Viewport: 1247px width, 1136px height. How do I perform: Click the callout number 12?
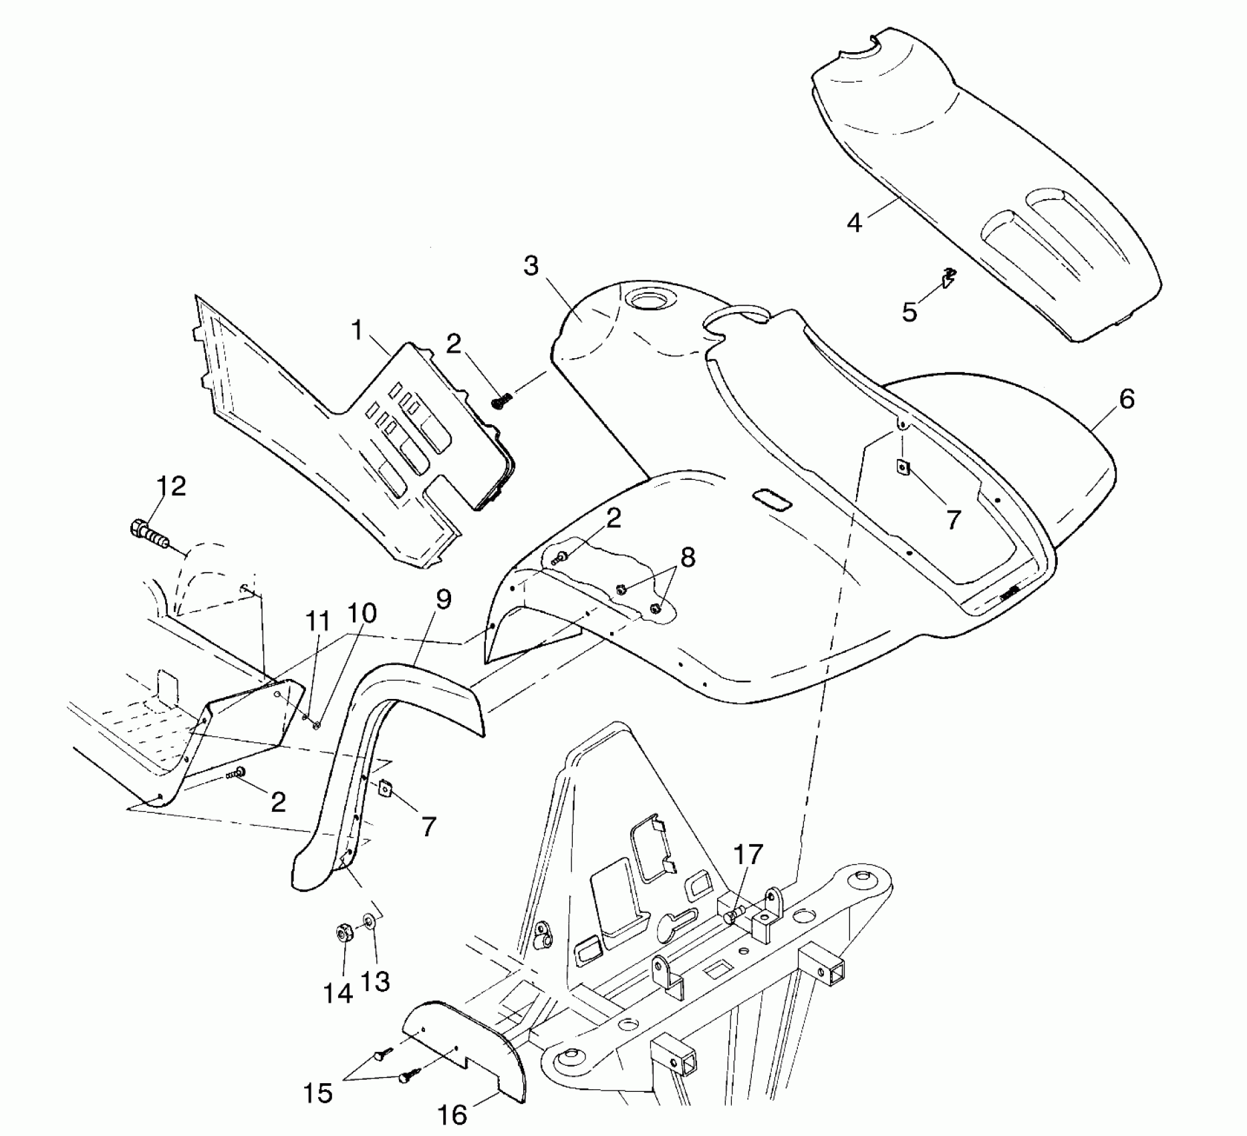(x=171, y=486)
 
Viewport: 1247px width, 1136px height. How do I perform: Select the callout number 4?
(x=855, y=223)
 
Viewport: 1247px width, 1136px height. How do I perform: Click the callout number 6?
(x=1127, y=399)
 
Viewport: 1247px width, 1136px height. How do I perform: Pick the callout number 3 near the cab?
(x=531, y=266)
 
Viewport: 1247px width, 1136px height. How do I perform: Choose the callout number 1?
(x=357, y=329)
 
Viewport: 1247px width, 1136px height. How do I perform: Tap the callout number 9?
(x=444, y=599)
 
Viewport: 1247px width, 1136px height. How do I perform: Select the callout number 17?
(x=748, y=853)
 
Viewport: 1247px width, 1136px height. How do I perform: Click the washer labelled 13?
(x=369, y=923)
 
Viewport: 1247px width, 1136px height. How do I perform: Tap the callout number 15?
(x=318, y=1093)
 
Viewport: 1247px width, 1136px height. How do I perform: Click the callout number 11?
(x=318, y=621)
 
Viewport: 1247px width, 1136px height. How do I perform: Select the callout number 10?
(x=362, y=613)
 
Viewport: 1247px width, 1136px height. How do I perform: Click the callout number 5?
(x=910, y=311)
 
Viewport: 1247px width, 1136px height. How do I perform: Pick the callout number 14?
(x=338, y=993)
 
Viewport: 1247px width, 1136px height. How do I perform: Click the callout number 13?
(x=376, y=982)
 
